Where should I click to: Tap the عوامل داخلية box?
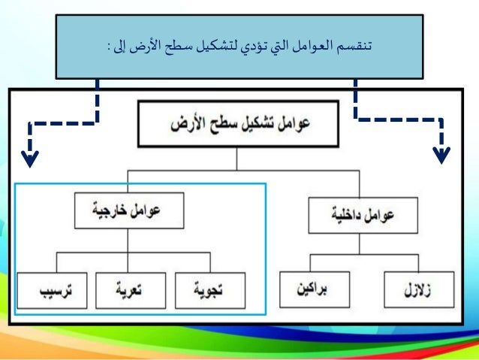coord(363,215)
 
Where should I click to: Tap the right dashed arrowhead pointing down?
coord(442,154)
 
